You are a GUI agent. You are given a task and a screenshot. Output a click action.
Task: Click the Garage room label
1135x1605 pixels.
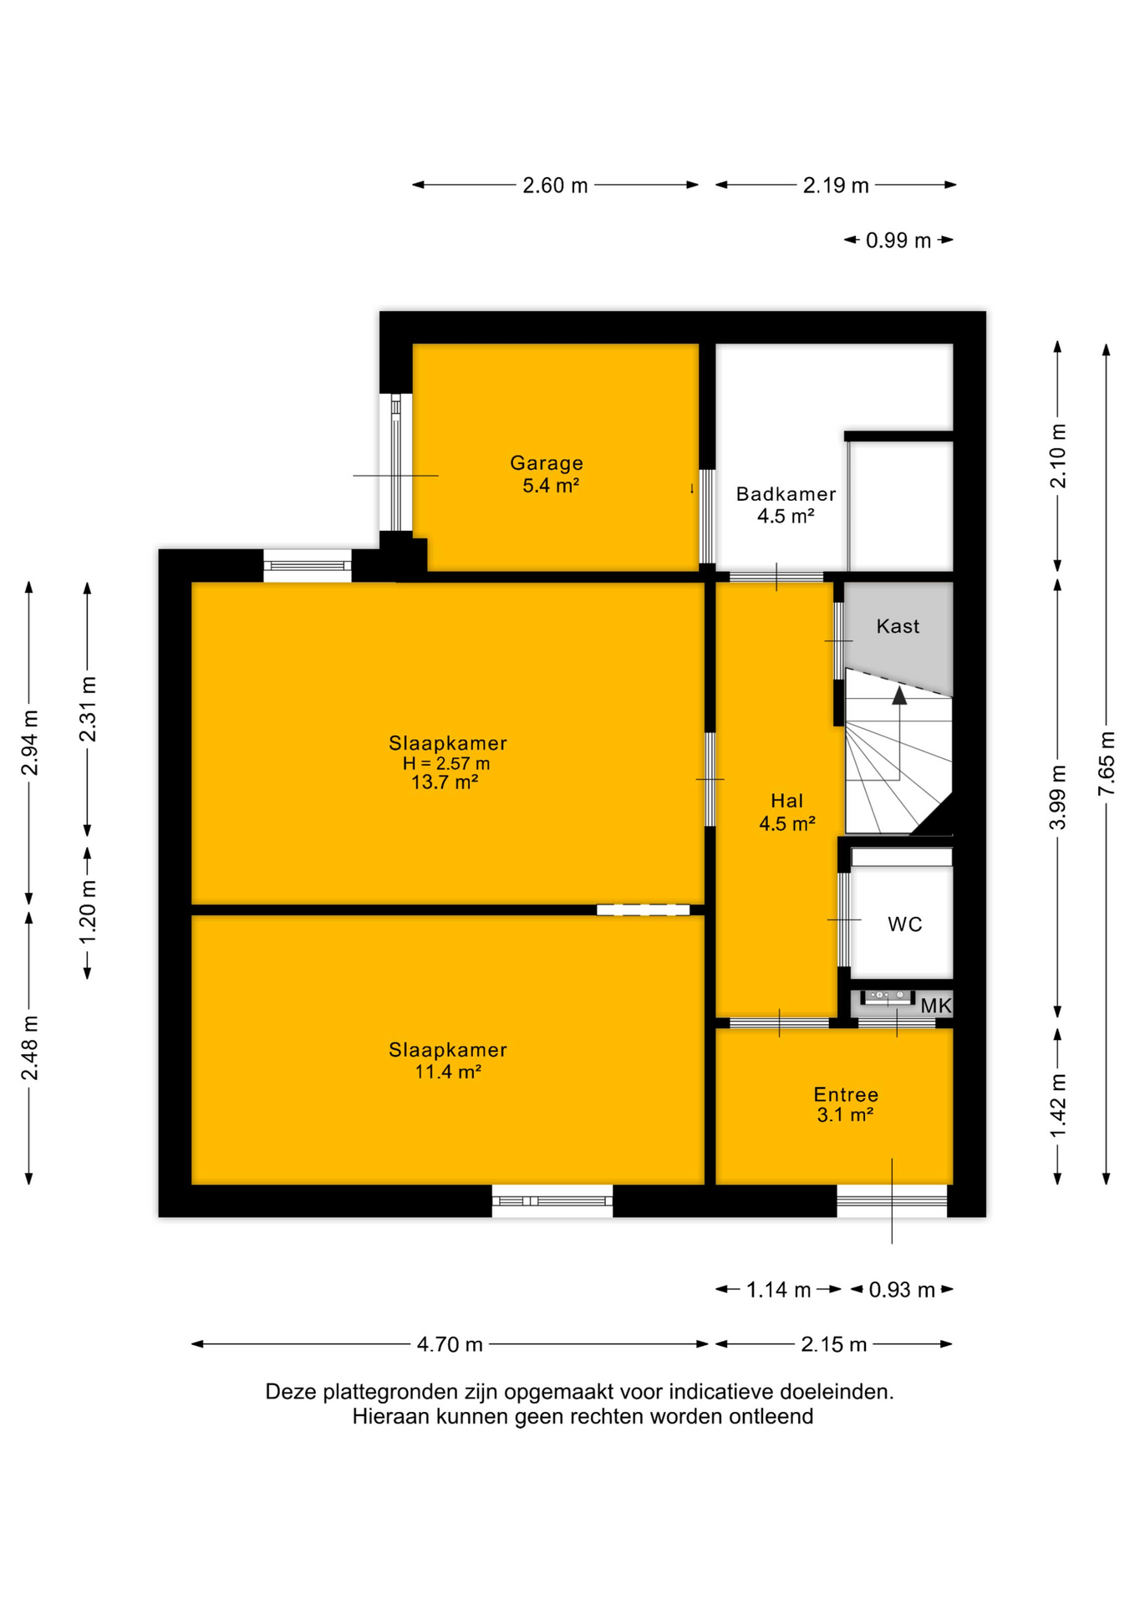pos(547,462)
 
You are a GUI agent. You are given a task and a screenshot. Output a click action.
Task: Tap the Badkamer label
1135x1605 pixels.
pos(786,494)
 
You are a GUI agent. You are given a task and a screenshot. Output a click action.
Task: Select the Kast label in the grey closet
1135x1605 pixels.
pos(898,626)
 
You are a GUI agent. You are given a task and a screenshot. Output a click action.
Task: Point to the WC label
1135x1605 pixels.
pos(904,924)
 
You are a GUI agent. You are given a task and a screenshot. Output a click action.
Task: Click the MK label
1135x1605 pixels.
pos(936,1006)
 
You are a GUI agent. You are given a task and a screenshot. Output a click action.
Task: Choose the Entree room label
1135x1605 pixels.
pos(846,1094)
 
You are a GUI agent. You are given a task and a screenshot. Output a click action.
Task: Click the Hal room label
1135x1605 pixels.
pos(786,801)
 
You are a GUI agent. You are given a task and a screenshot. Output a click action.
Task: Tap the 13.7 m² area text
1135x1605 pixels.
pos(445,782)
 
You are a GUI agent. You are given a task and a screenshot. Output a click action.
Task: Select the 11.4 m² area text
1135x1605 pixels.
pos(448,1071)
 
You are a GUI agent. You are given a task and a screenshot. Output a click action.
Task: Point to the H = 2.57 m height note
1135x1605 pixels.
pos(446,763)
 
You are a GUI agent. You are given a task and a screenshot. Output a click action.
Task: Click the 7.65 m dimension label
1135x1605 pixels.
pos(1107,764)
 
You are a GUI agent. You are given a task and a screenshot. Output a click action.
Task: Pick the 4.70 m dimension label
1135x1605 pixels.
pos(450,1344)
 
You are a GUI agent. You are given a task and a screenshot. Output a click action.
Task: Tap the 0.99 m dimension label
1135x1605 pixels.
pos(898,241)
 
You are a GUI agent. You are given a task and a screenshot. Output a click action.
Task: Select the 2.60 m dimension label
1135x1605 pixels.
pos(555,186)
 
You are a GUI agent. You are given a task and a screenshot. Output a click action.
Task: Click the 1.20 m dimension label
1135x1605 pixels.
pos(88,911)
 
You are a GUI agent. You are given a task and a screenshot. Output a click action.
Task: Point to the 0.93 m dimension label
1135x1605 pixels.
pos(902,1290)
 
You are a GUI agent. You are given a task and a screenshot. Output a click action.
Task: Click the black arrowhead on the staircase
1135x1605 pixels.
pos(899,695)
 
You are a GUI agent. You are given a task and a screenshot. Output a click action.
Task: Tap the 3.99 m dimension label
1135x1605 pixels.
pos(1058,797)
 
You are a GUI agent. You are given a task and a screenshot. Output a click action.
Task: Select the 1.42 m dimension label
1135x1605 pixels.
pos(1058,1105)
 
